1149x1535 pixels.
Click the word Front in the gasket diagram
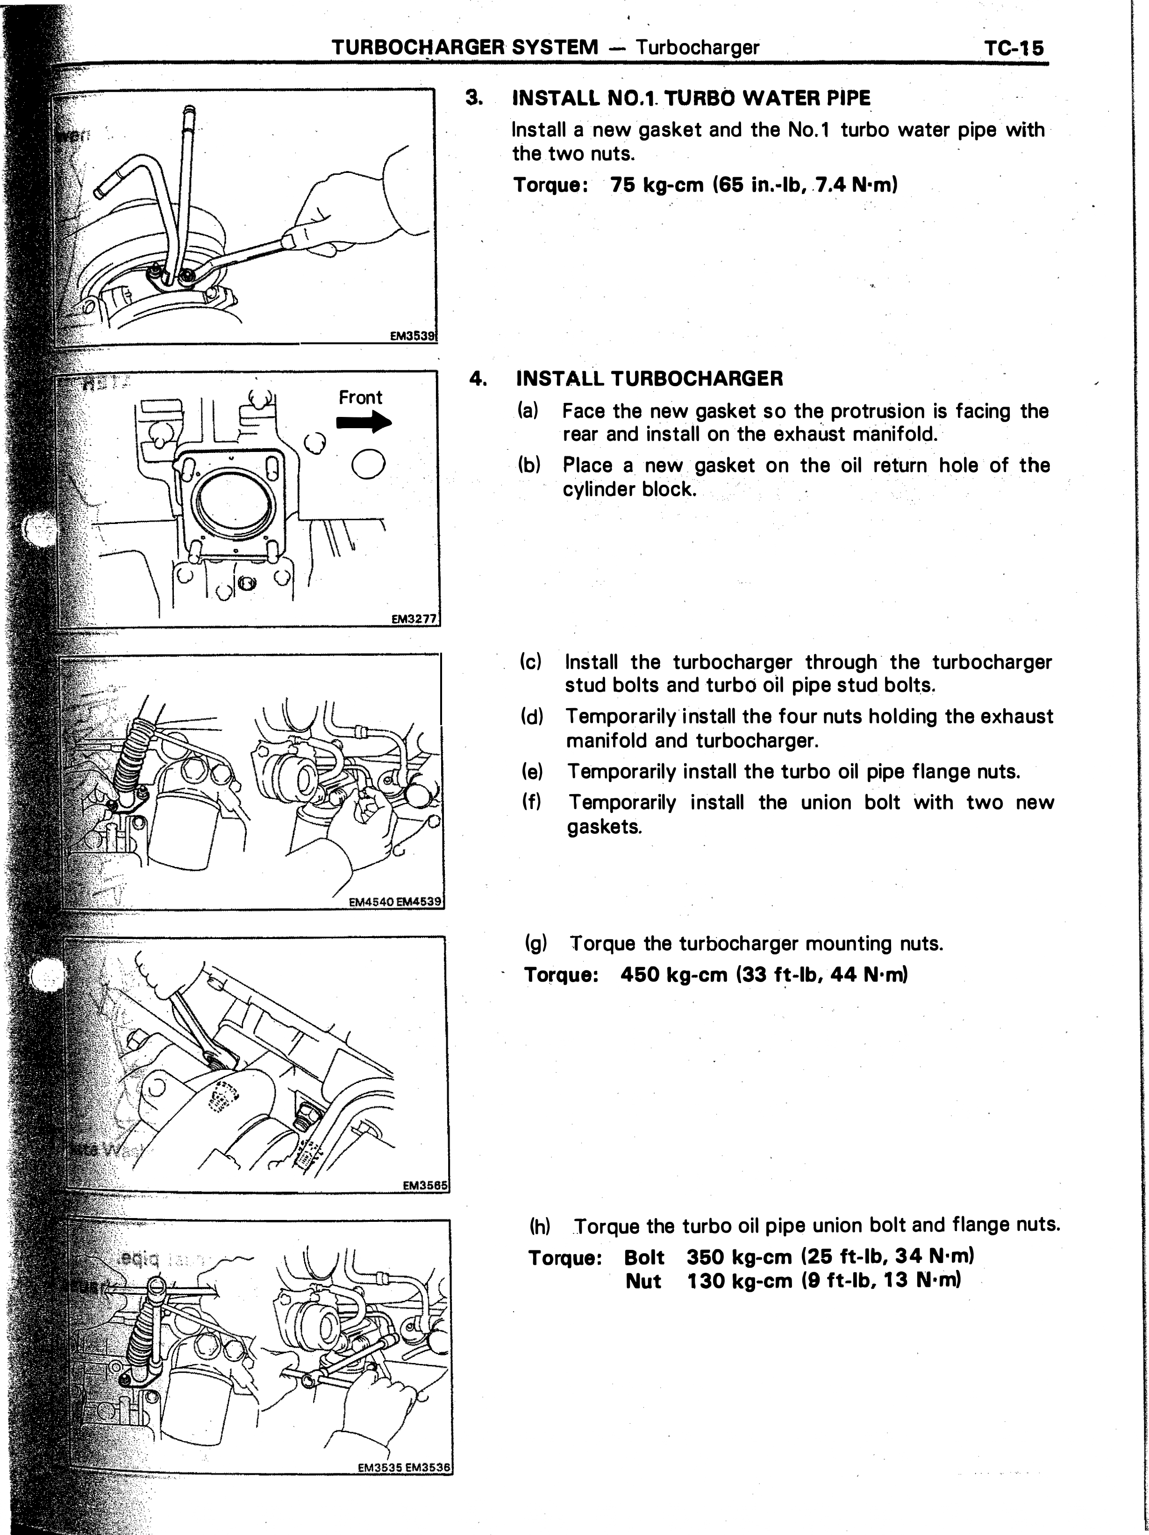tap(360, 398)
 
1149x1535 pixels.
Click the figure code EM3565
tap(425, 1186)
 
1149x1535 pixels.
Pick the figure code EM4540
tap(371, 902)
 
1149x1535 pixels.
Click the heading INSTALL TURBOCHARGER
tap(649, 379)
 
